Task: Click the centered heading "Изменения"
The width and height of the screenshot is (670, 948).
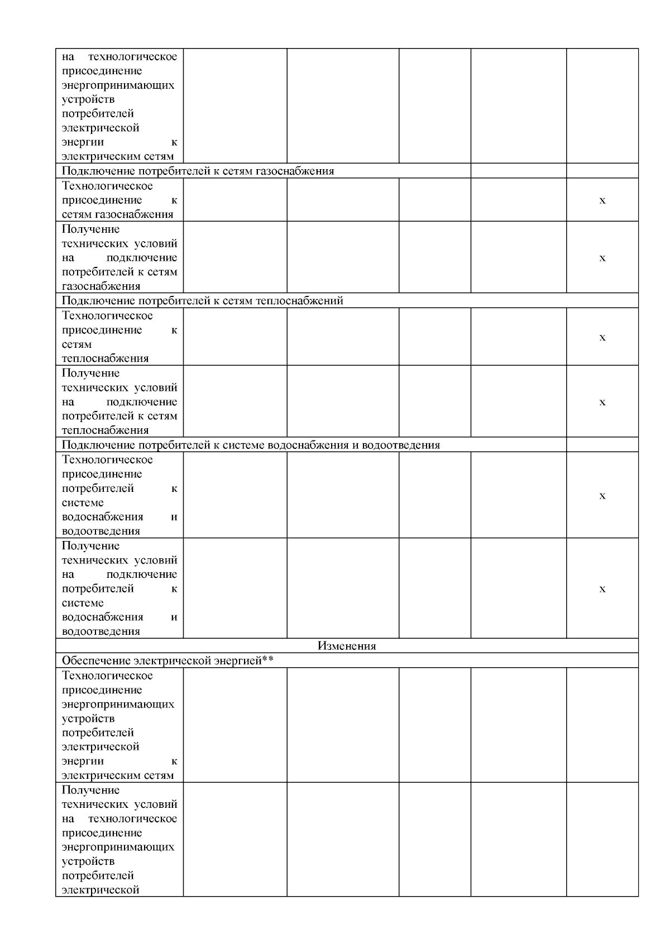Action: click(347, 646)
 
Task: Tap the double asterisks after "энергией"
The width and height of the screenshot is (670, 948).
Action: click(268, 661)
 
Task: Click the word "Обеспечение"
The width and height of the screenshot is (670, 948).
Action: click(97, 661)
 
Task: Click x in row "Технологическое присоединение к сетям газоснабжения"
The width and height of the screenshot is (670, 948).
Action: click(602, 200)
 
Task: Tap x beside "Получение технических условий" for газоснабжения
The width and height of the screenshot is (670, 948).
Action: click(602, 258)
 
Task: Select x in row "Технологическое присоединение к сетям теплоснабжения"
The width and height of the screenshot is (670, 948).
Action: click(602, 337)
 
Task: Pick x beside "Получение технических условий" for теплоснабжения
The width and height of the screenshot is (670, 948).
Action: click(602, 402)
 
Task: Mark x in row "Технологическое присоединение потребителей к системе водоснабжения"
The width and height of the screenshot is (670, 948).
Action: click(602, 496)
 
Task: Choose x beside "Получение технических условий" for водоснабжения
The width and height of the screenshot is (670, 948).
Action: click(602, 589)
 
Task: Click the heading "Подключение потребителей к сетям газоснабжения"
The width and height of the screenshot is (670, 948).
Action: click(198, 171)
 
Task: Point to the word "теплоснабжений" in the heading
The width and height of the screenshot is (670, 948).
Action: click(299, 301)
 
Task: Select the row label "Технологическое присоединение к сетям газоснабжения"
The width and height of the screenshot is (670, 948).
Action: click(119, 200)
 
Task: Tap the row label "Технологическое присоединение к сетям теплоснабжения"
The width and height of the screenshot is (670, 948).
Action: click(119, 337)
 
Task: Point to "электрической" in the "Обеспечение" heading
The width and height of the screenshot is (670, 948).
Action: click(173, 661)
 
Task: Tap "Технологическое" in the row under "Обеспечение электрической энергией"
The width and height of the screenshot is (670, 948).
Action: click(107, 676)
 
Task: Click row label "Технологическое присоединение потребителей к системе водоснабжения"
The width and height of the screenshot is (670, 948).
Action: click(119, 495)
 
